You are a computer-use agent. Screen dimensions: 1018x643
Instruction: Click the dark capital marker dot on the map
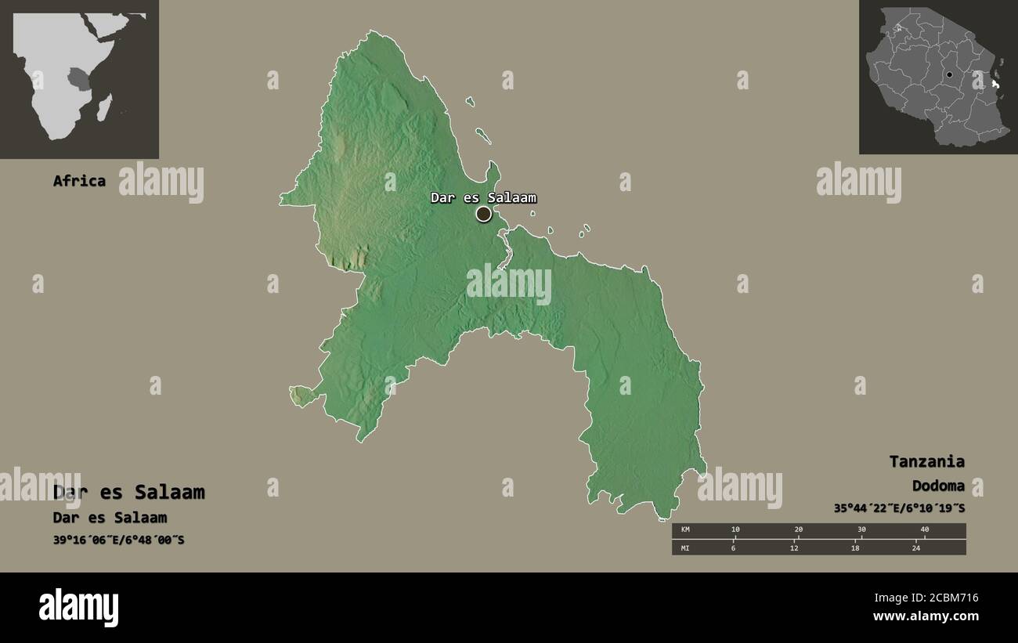[x=483, y=214]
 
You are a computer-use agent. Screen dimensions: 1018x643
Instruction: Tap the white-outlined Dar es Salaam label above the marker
[x=483, y=197]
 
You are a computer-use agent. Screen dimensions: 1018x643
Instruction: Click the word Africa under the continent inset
[x=79, y=181]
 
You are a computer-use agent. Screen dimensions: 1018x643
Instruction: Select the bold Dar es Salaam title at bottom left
[x=128, y=492]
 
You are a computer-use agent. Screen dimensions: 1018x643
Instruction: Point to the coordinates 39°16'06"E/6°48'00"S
[x=118, y=540]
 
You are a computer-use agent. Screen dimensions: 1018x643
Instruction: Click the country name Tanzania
[x=926, y=461]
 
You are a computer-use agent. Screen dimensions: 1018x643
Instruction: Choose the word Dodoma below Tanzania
[x=938, y=486]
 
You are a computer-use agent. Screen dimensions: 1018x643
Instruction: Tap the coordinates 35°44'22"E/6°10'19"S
[x=899, y=508]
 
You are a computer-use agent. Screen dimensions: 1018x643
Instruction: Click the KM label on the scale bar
[x=685, y=530]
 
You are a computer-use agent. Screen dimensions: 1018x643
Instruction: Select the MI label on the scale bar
[x=685, y=547]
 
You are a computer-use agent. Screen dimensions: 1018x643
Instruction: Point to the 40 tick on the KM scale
[x=924, y=530]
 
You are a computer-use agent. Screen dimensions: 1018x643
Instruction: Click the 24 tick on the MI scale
[x=915, y=547]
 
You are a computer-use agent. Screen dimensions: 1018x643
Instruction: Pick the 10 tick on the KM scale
[x=735, y=530]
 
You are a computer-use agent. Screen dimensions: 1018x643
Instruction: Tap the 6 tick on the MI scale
[x=735, y=547]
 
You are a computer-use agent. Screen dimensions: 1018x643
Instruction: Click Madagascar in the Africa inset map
[x=104, y=107]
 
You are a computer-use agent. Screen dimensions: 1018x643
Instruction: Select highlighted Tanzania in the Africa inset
[x=78, y=78]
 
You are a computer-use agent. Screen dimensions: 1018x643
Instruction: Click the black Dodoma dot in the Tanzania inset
[x=949, y=75]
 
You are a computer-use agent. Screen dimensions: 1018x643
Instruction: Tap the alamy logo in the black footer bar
[x=78, y=607]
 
